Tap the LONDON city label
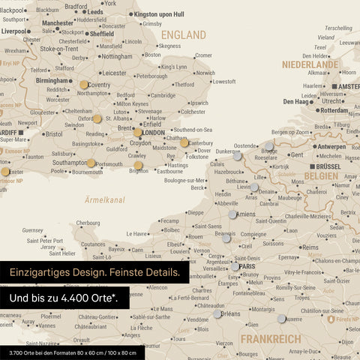154,133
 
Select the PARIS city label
248,266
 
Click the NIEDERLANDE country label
310,65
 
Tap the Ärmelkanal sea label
104,200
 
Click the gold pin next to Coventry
84,85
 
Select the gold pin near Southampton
91,163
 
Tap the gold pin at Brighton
138,166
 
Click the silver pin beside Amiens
232,214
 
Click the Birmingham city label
52,80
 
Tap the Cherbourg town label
88,223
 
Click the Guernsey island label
33,230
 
